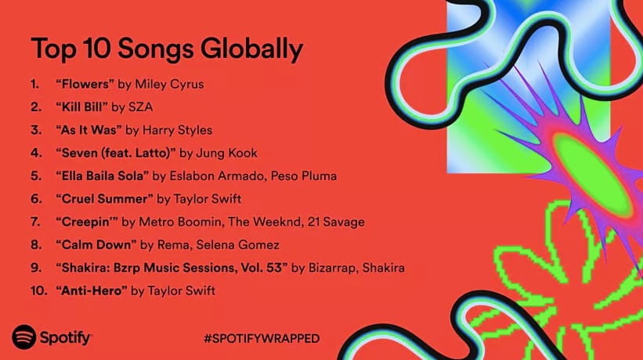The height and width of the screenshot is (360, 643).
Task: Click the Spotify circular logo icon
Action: pos(24,337)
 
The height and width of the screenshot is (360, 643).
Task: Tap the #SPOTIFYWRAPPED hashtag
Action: pos(261,338)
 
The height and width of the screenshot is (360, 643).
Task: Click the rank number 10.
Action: pos(38,291)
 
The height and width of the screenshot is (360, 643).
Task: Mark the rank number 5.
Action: pos(35,175)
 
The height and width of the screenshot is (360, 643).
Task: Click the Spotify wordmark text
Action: pos(66,338)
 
